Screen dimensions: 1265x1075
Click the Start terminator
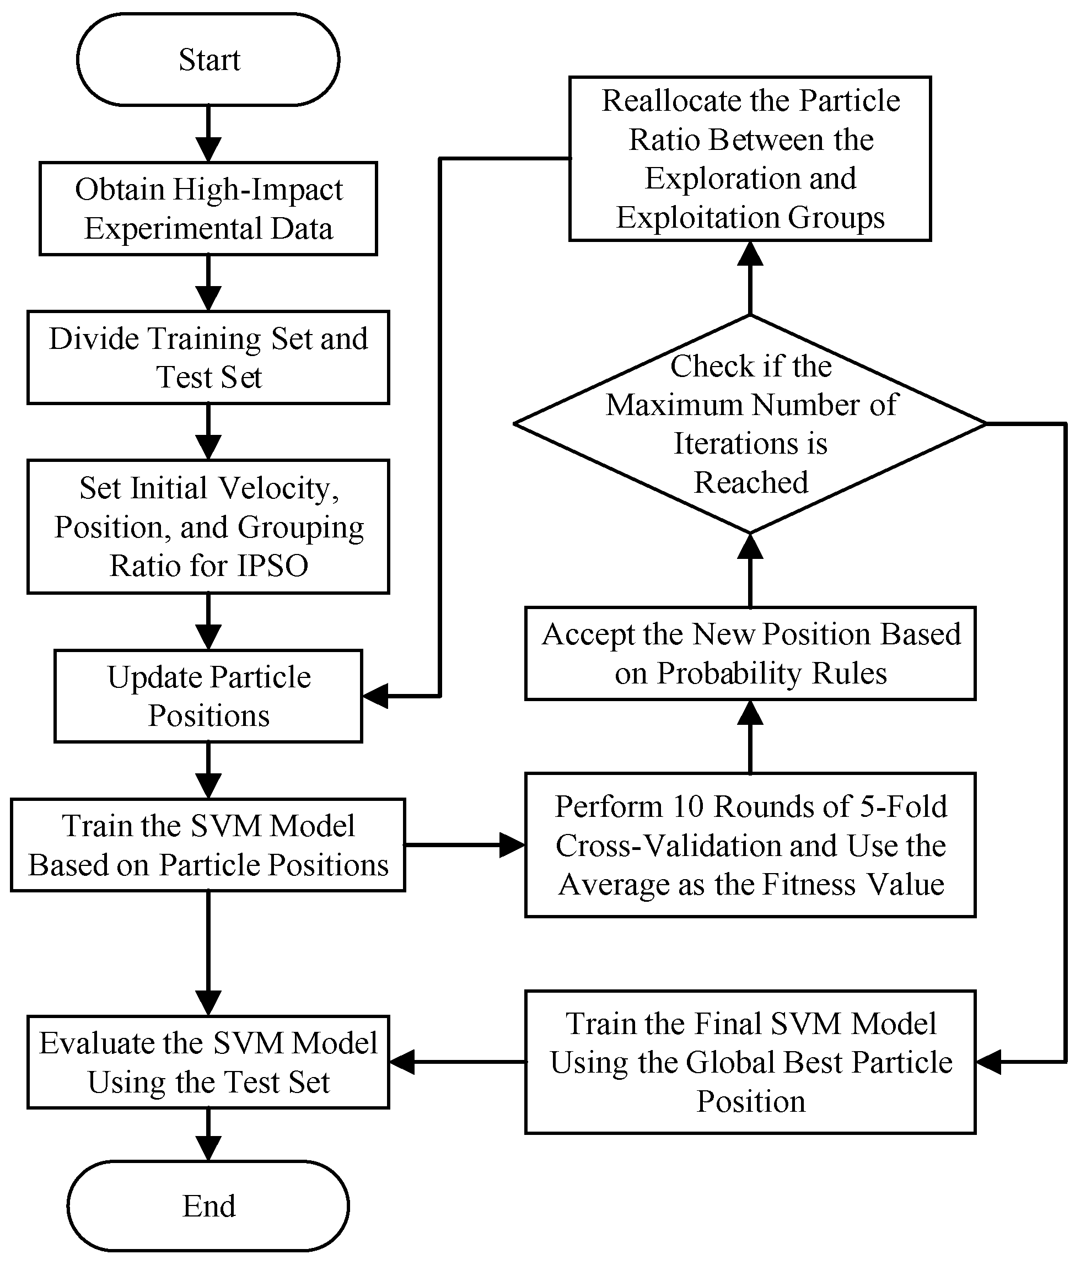[x=208, y=60]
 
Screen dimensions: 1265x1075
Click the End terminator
[x=208, y=1205]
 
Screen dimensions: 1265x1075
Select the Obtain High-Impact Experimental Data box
[x=208, y=208]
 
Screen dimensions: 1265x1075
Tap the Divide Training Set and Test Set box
[x=208, y=358]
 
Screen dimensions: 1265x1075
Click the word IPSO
[x=272, y=566]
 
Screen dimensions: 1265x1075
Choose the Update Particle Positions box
[x=208, y=696]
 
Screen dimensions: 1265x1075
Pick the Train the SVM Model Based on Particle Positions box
[x=208, y=844]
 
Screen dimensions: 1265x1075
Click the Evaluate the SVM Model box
[x=208, y=1062]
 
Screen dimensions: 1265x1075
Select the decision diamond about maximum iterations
[x=750, y=423]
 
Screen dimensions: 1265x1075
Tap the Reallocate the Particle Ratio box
[x=750, y=158]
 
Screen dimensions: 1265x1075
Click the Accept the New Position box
[x=750, y=653]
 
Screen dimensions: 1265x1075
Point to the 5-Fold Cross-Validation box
[x=750, y=844]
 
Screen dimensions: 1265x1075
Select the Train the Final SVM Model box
[x=750, y=1062]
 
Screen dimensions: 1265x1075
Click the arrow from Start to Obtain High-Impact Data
[x=208, y=134]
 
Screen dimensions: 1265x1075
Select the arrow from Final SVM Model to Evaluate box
[x=457, y=1062]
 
